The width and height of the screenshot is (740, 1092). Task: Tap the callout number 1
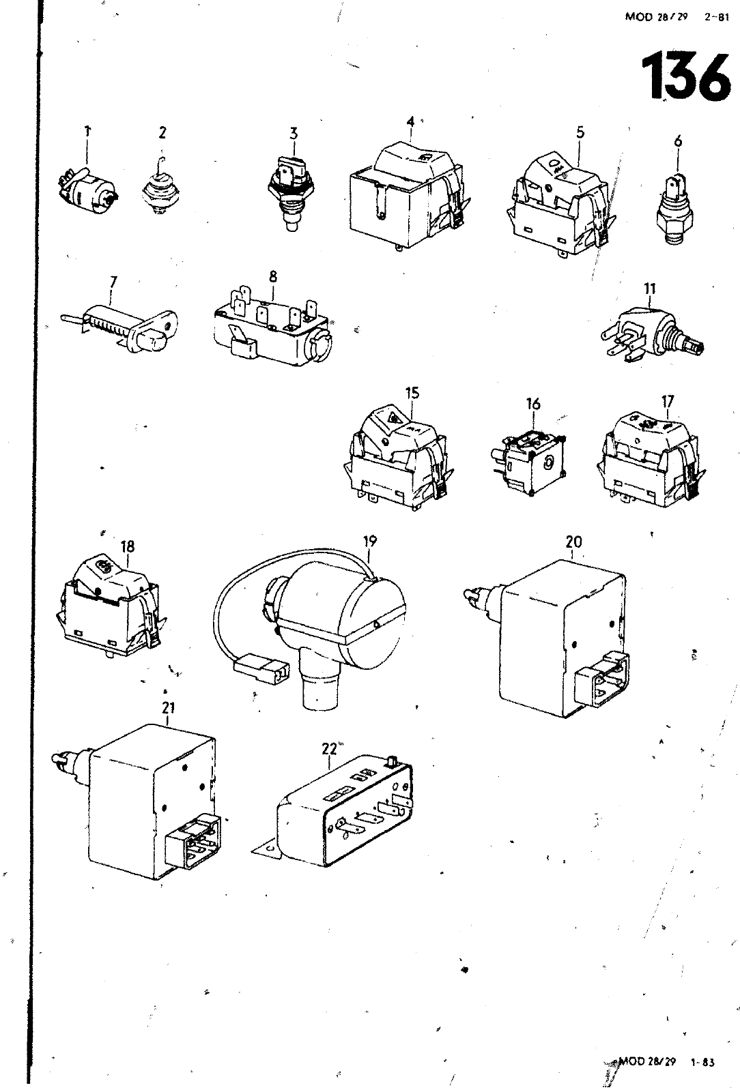coord(87,132)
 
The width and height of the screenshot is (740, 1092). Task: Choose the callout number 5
coord(580,133)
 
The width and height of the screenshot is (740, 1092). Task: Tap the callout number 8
coord(273,276)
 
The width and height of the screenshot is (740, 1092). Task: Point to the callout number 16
coord(532,404)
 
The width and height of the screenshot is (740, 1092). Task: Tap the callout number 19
coord(370,542)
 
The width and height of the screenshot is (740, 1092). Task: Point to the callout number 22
coord(329,748)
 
